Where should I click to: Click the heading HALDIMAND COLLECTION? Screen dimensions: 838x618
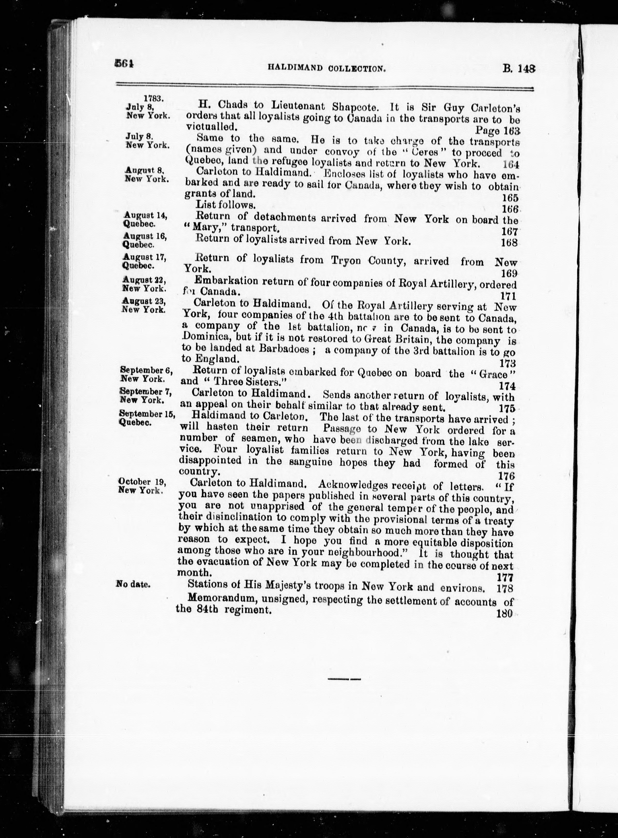[326, 68]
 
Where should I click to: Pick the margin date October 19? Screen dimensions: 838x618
[140, 482]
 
